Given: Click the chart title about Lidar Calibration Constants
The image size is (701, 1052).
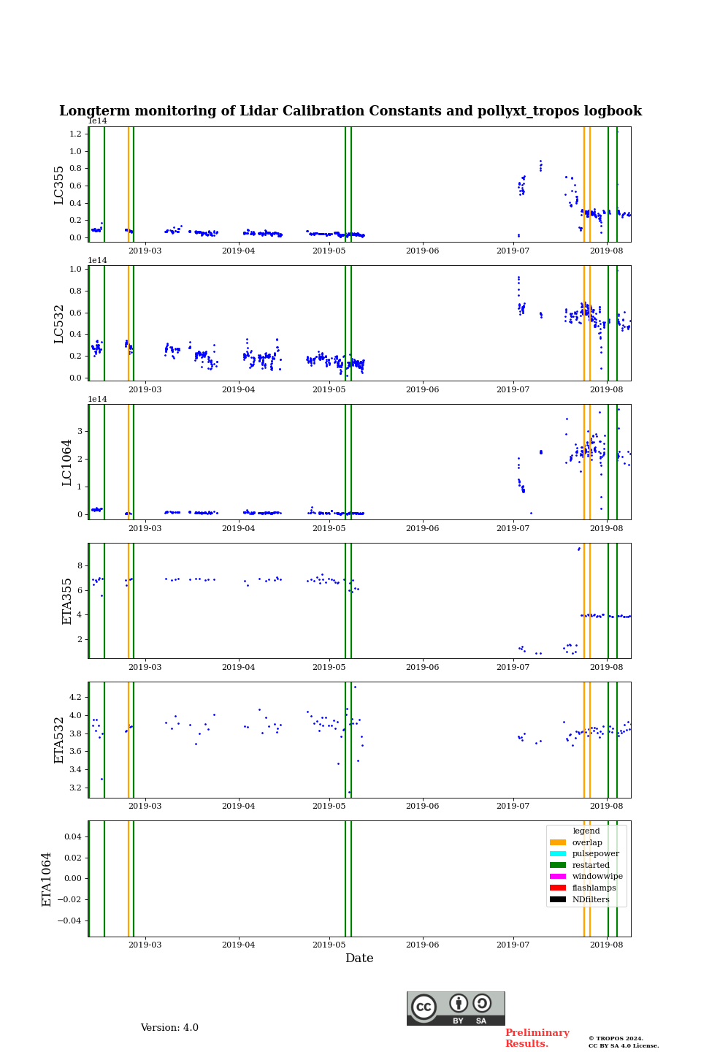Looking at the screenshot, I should coord(350,111).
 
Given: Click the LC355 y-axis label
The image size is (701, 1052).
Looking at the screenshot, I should coord(59,185).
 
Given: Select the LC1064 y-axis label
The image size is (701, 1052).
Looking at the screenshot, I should coord(66,462).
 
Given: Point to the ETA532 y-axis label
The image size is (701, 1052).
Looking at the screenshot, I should coord(59,740).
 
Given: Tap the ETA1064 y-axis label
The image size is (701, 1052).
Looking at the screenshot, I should coord(47,879).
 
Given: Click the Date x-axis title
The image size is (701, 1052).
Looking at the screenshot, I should coord(359,958).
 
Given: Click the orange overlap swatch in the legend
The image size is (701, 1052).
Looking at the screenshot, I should coord(558,842).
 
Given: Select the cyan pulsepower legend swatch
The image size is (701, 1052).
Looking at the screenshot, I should coord(558,854).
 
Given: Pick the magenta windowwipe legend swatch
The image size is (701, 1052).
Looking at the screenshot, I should coord(558,877).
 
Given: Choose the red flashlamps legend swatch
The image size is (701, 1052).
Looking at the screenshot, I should coord(558,888).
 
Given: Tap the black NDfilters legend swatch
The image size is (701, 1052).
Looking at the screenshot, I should coord(558,899).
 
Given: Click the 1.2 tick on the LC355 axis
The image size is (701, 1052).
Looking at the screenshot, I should coord(76,134).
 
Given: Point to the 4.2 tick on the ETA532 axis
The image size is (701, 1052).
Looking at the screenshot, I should coord(76,697).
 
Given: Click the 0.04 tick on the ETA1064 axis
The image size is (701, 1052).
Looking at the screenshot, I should coord(72,836).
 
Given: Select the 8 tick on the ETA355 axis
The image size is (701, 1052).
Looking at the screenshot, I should coord(79,566).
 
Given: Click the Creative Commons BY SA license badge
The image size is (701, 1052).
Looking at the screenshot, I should coord(456,1008).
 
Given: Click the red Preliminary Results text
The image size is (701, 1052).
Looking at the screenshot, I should coord(537,1038).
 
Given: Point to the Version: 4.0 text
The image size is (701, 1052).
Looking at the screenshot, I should coord(169,1028).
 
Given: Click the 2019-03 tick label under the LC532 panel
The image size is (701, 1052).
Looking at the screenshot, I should coord(145,389).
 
